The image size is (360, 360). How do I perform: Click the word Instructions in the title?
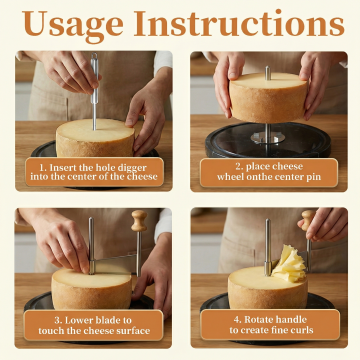(239, 23)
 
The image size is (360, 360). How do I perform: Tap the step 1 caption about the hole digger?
(94, 172)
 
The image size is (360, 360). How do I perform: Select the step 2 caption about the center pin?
(269, 172)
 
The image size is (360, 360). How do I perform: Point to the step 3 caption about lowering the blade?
(94, 325)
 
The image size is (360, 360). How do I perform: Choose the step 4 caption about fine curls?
(271, 325)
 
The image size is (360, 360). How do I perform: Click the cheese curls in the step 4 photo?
(288, 264)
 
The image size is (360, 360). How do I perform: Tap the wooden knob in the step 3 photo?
(139, 220)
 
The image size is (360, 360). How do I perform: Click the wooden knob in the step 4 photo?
(308, 220)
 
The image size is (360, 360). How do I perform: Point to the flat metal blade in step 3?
(113, 264)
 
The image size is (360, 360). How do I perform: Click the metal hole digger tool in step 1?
(95, 91)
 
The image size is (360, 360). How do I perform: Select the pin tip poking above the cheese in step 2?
(268, 73)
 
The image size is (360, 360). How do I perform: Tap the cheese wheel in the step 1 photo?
(95, 137)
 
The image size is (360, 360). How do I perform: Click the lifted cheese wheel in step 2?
(268, 97)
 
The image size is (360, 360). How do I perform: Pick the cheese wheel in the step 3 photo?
(92, 289)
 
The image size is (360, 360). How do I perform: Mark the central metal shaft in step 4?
(268, 247)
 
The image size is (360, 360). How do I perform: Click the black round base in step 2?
(268, 140)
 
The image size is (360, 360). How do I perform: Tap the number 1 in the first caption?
(42, 167)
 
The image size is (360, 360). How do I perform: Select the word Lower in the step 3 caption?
(79, 320)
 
